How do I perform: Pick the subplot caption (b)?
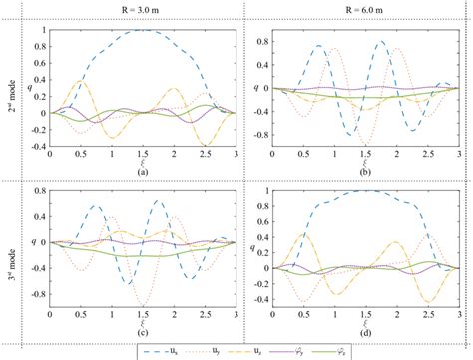[x=356, y=172]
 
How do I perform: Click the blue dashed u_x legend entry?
[x=161, y=351]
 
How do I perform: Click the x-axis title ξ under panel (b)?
[x=356, y=163]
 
